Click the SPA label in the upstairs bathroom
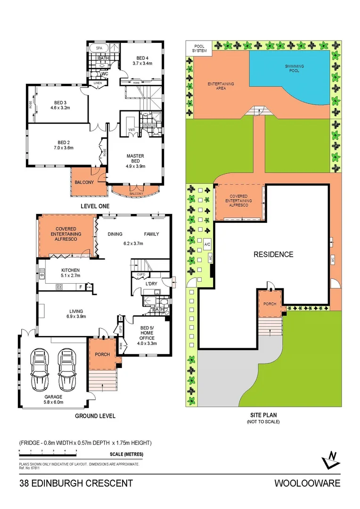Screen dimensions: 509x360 coord(99,48)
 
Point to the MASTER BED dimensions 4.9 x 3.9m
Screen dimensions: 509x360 coord(135,166)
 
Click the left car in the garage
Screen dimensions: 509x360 coord(40,370)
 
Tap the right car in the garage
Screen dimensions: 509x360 coord(67,370)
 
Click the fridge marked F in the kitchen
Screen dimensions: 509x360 coord(81,287)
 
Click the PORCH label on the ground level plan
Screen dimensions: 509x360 coord(102,354)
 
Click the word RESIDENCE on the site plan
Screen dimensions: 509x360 coord(273,254)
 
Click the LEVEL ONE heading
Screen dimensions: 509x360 coord(95,206)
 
